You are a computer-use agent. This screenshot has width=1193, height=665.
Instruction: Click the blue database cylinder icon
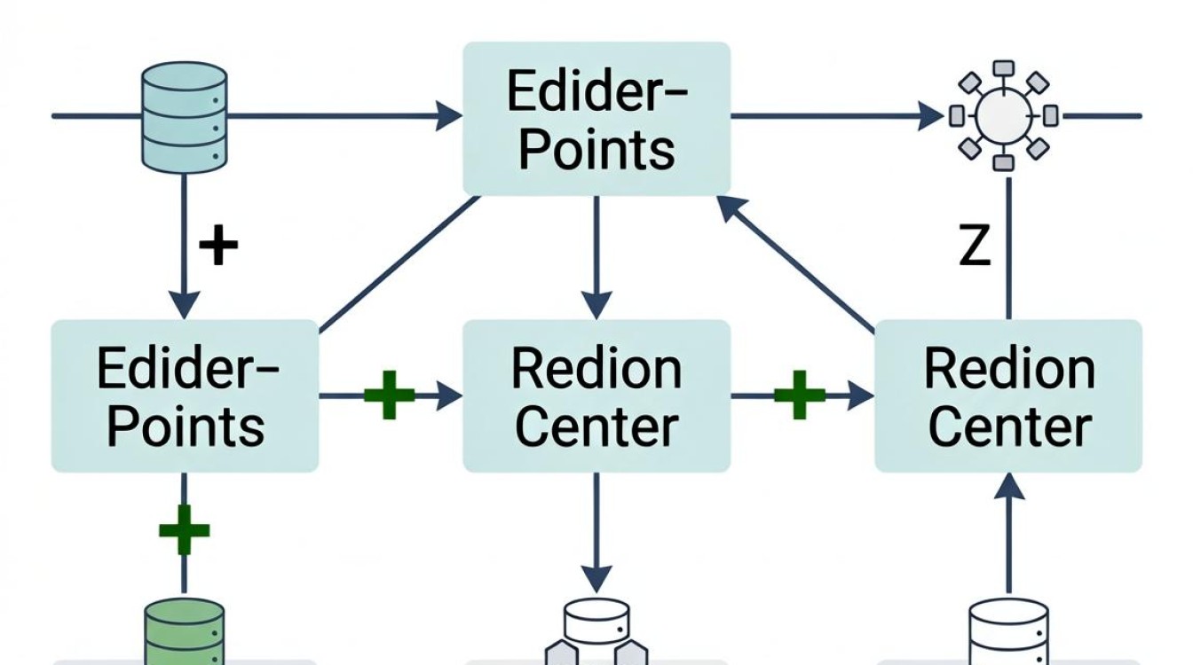click(185, 118)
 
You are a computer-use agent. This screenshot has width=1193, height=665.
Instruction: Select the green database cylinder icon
click(185, 631)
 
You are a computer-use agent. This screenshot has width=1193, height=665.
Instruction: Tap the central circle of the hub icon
click(1003, 115)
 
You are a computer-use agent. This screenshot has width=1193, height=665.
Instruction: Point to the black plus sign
click(218, 244)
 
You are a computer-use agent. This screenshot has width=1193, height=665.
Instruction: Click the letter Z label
click(974, 245)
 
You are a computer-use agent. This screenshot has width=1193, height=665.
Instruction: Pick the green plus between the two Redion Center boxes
click(800, 395)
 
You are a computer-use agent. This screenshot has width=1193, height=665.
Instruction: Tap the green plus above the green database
click(185, 530)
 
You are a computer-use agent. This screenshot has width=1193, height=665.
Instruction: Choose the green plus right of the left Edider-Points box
click(390, 395)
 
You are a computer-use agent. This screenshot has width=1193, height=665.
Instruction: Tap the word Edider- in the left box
click(187, 368)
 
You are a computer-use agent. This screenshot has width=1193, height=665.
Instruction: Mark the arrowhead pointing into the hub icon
click(931, 115)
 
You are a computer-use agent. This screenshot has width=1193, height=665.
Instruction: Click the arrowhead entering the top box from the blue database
click(448, 115)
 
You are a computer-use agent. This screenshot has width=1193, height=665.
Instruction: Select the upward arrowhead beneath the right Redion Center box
click(1009, 486)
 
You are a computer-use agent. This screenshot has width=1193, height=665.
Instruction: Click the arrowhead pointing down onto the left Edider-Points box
click(185, 305)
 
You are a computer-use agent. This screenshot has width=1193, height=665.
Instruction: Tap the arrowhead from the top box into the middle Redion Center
click(596, 305)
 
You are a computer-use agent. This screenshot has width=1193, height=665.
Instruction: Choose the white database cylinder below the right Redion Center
click(1008, 631)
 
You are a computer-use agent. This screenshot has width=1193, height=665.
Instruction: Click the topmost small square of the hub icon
click(1004, 68)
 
